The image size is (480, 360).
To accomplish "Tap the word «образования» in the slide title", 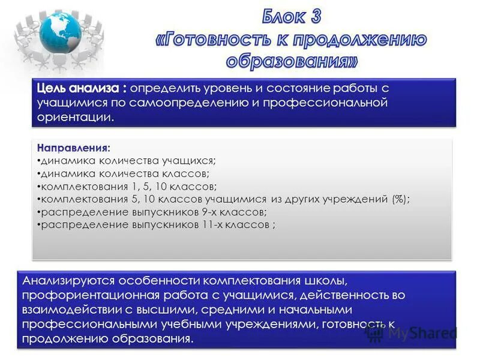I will click(x=293, y=61).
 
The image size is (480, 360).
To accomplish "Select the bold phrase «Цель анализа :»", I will click(x=82, y=88).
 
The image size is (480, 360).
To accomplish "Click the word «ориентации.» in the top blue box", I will click(x=76, y=118).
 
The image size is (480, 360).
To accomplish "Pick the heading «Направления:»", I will click(x=73, y=147).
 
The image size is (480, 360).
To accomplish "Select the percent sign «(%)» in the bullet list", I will click(x=398, y=199).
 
